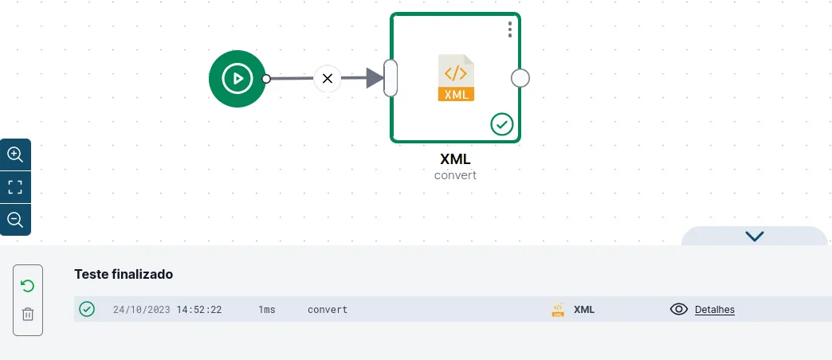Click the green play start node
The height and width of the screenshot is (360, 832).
click(237, 79)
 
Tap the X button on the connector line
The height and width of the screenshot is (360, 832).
click(328, 79)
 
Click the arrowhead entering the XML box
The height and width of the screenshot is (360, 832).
click(375, 78)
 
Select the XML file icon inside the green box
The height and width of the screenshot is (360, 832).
click(456, 77)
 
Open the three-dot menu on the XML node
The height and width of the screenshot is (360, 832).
click(510, 29)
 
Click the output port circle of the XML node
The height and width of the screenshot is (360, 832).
click(520, 79)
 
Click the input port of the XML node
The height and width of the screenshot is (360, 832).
click(390, 78)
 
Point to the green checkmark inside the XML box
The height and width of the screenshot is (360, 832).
click(501, 124)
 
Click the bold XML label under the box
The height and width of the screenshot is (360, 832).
click(455, 158)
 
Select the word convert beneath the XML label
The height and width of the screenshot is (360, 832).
click(455, 175)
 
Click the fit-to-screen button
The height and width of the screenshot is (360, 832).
click(15, 187)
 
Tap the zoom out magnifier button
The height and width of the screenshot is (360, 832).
click(15, 220)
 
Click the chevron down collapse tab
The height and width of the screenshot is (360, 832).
click(754, 236)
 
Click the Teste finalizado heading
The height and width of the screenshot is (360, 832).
click(124, 274)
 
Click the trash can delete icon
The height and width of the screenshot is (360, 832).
click(28, 314)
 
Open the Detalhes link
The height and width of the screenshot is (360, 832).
click(715, 310)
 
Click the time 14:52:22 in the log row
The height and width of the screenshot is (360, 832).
click(199, 310)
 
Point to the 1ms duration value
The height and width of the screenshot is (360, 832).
click(267, 310)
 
